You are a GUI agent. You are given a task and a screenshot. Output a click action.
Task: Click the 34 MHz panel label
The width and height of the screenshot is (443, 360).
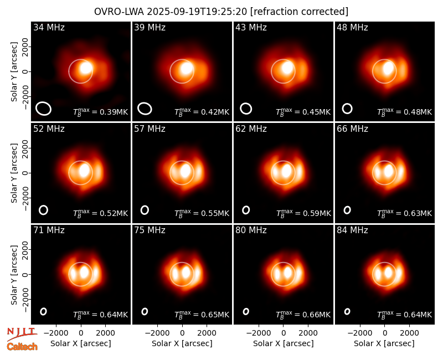point(49,27)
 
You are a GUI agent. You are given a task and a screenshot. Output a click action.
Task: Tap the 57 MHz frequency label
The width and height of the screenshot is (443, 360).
point(150,129)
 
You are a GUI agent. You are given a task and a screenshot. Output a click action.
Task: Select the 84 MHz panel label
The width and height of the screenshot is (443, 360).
point(352,230)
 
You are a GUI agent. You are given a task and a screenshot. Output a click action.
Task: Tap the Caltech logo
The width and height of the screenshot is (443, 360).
point(22,347)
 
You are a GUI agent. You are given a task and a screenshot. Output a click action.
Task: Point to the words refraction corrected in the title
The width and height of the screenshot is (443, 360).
point(299,12)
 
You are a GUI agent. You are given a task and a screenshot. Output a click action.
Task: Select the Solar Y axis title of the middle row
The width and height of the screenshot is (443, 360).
point(14,173)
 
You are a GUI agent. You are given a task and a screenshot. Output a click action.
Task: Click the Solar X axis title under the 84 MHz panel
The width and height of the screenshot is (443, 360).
point(384,343)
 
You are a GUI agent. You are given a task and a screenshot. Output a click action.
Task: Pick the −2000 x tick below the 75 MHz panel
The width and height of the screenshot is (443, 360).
point(157,333)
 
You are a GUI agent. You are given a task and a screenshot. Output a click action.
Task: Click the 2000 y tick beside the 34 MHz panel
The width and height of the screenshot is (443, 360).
point(25,47)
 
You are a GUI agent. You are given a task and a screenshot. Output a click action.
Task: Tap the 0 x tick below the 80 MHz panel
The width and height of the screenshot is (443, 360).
point(284,333)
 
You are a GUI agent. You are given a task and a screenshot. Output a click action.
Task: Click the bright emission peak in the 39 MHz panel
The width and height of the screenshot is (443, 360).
point(187,68)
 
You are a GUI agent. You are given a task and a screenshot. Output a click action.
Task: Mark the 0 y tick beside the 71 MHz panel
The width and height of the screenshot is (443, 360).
point(25,274)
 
